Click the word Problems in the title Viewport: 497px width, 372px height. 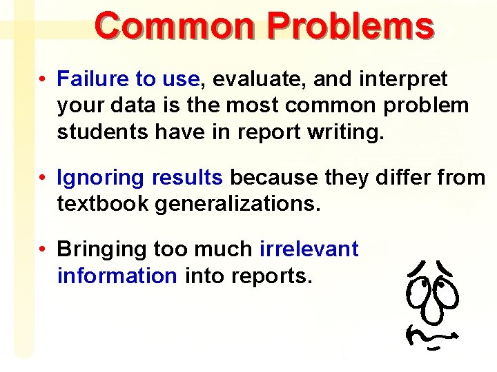click(351, 26)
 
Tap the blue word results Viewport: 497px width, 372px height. click(187, 178)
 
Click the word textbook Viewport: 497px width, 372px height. click(102, 204)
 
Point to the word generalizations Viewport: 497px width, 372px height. click(238, 205)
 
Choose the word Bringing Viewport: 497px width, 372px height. click(101, 249)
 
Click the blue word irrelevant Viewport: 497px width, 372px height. click(309, 249)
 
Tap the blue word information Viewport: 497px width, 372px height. click(117, 276)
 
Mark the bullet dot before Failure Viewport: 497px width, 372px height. click(43, 80)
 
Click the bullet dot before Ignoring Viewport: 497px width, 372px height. click(43, 178)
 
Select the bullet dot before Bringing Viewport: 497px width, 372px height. click(43, 249)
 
